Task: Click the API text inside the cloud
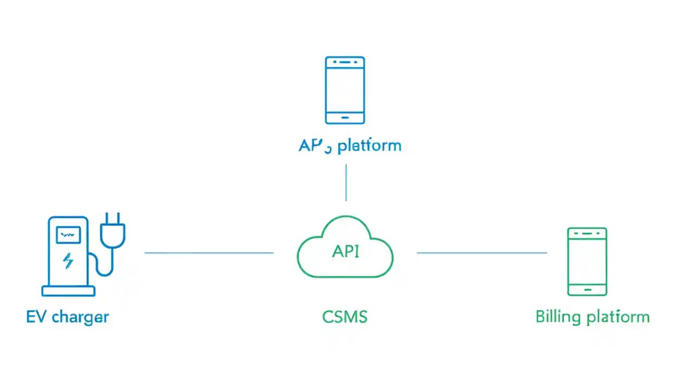coord(345,251)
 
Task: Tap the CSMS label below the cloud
coord(345,317)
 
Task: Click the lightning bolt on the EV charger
coord(68,261)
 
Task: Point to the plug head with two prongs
coord(113,230)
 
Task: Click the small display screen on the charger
coord(68,235)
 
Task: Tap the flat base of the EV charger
coord(68,291)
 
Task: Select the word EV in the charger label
coord(36,317)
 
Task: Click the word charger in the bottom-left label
coord(80,317)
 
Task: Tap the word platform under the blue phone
coord(369,146)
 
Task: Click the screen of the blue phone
coord(345,90)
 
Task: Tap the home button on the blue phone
coord(345,117)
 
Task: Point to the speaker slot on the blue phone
coord(345,62)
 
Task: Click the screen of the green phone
coord(587,261)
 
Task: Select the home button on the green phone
coord(587,289)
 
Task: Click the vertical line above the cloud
coord(346,182)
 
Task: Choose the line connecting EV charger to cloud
coord(209,253)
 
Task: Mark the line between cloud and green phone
coord(481,253)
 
